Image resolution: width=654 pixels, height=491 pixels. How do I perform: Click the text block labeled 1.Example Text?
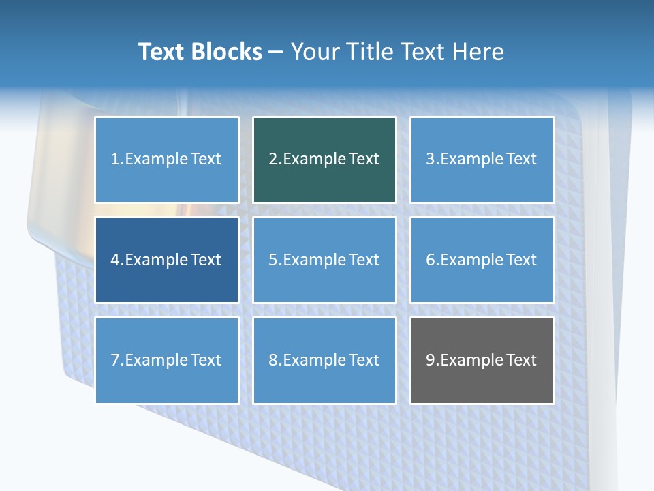point(166,160)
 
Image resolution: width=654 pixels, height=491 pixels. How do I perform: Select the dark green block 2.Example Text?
point(324,160)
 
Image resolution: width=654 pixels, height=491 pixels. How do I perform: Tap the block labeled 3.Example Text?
point(482,160)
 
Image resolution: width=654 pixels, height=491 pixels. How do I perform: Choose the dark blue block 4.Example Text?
point(166,260)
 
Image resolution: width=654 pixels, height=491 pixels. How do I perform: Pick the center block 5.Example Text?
point(324,260)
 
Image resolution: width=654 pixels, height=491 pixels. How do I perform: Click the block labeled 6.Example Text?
point(482,260)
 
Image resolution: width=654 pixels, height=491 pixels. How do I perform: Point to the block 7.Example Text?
point(166,360)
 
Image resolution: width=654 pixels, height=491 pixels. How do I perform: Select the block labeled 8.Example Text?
point(324,360)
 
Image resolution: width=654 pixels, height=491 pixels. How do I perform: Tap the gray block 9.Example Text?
point(482,360)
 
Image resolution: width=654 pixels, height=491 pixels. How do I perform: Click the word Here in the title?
point(480,52)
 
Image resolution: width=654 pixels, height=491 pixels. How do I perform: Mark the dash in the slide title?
point(276,53)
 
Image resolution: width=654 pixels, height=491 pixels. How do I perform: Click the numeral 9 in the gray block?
point(431,360)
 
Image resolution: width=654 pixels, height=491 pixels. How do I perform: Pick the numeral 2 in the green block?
point(272,160)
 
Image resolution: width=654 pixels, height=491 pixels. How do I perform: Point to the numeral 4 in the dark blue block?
point(115,260)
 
